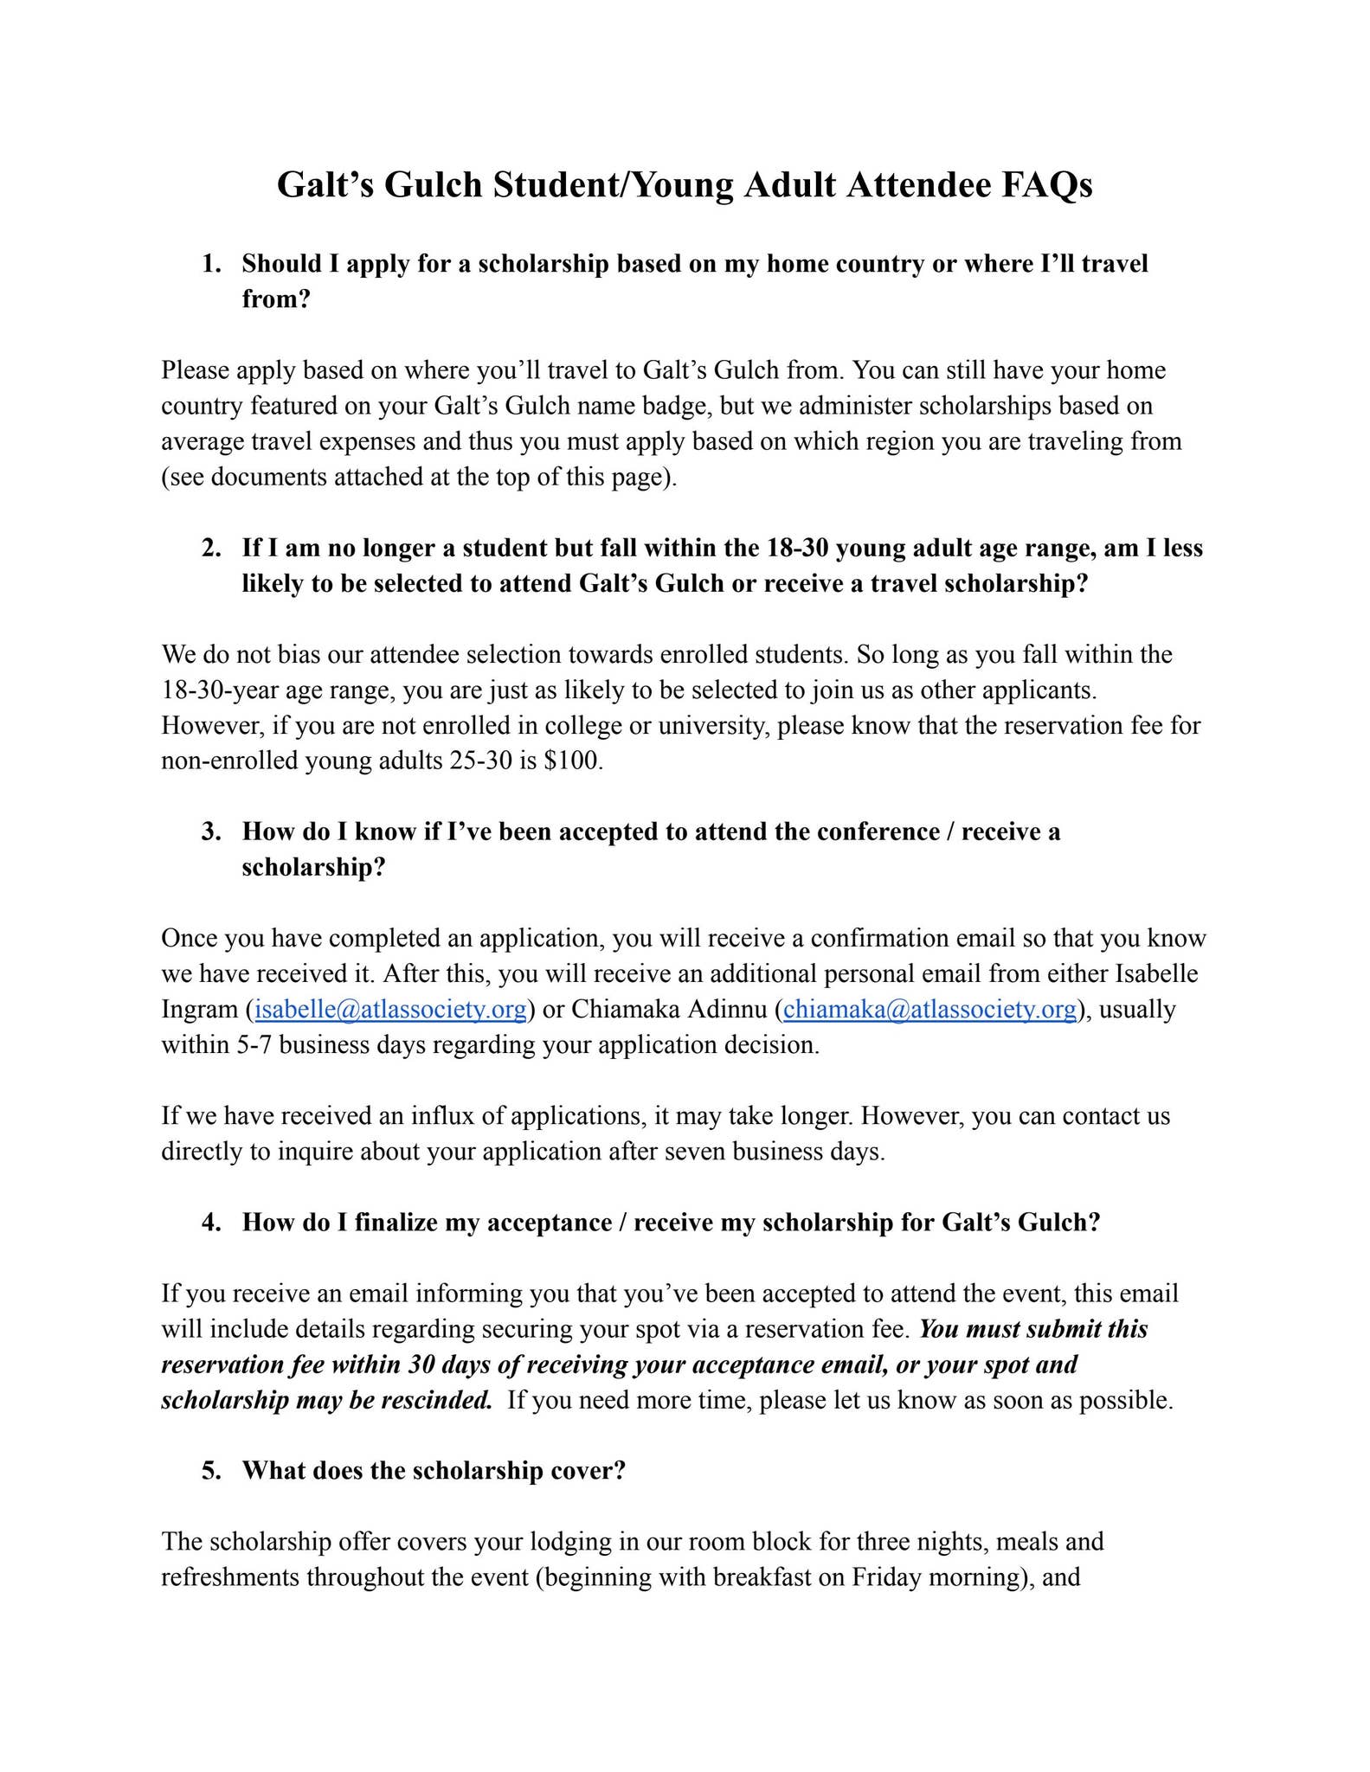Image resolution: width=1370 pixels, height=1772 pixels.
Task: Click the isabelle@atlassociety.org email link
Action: (x=390, y=1010)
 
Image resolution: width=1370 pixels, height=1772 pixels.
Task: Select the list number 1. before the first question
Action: (x=212, y=264)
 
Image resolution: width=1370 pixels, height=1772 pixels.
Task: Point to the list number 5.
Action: (x=212, y=1471)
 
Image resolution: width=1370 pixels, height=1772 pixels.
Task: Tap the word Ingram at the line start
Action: (x=199, y=1010)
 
